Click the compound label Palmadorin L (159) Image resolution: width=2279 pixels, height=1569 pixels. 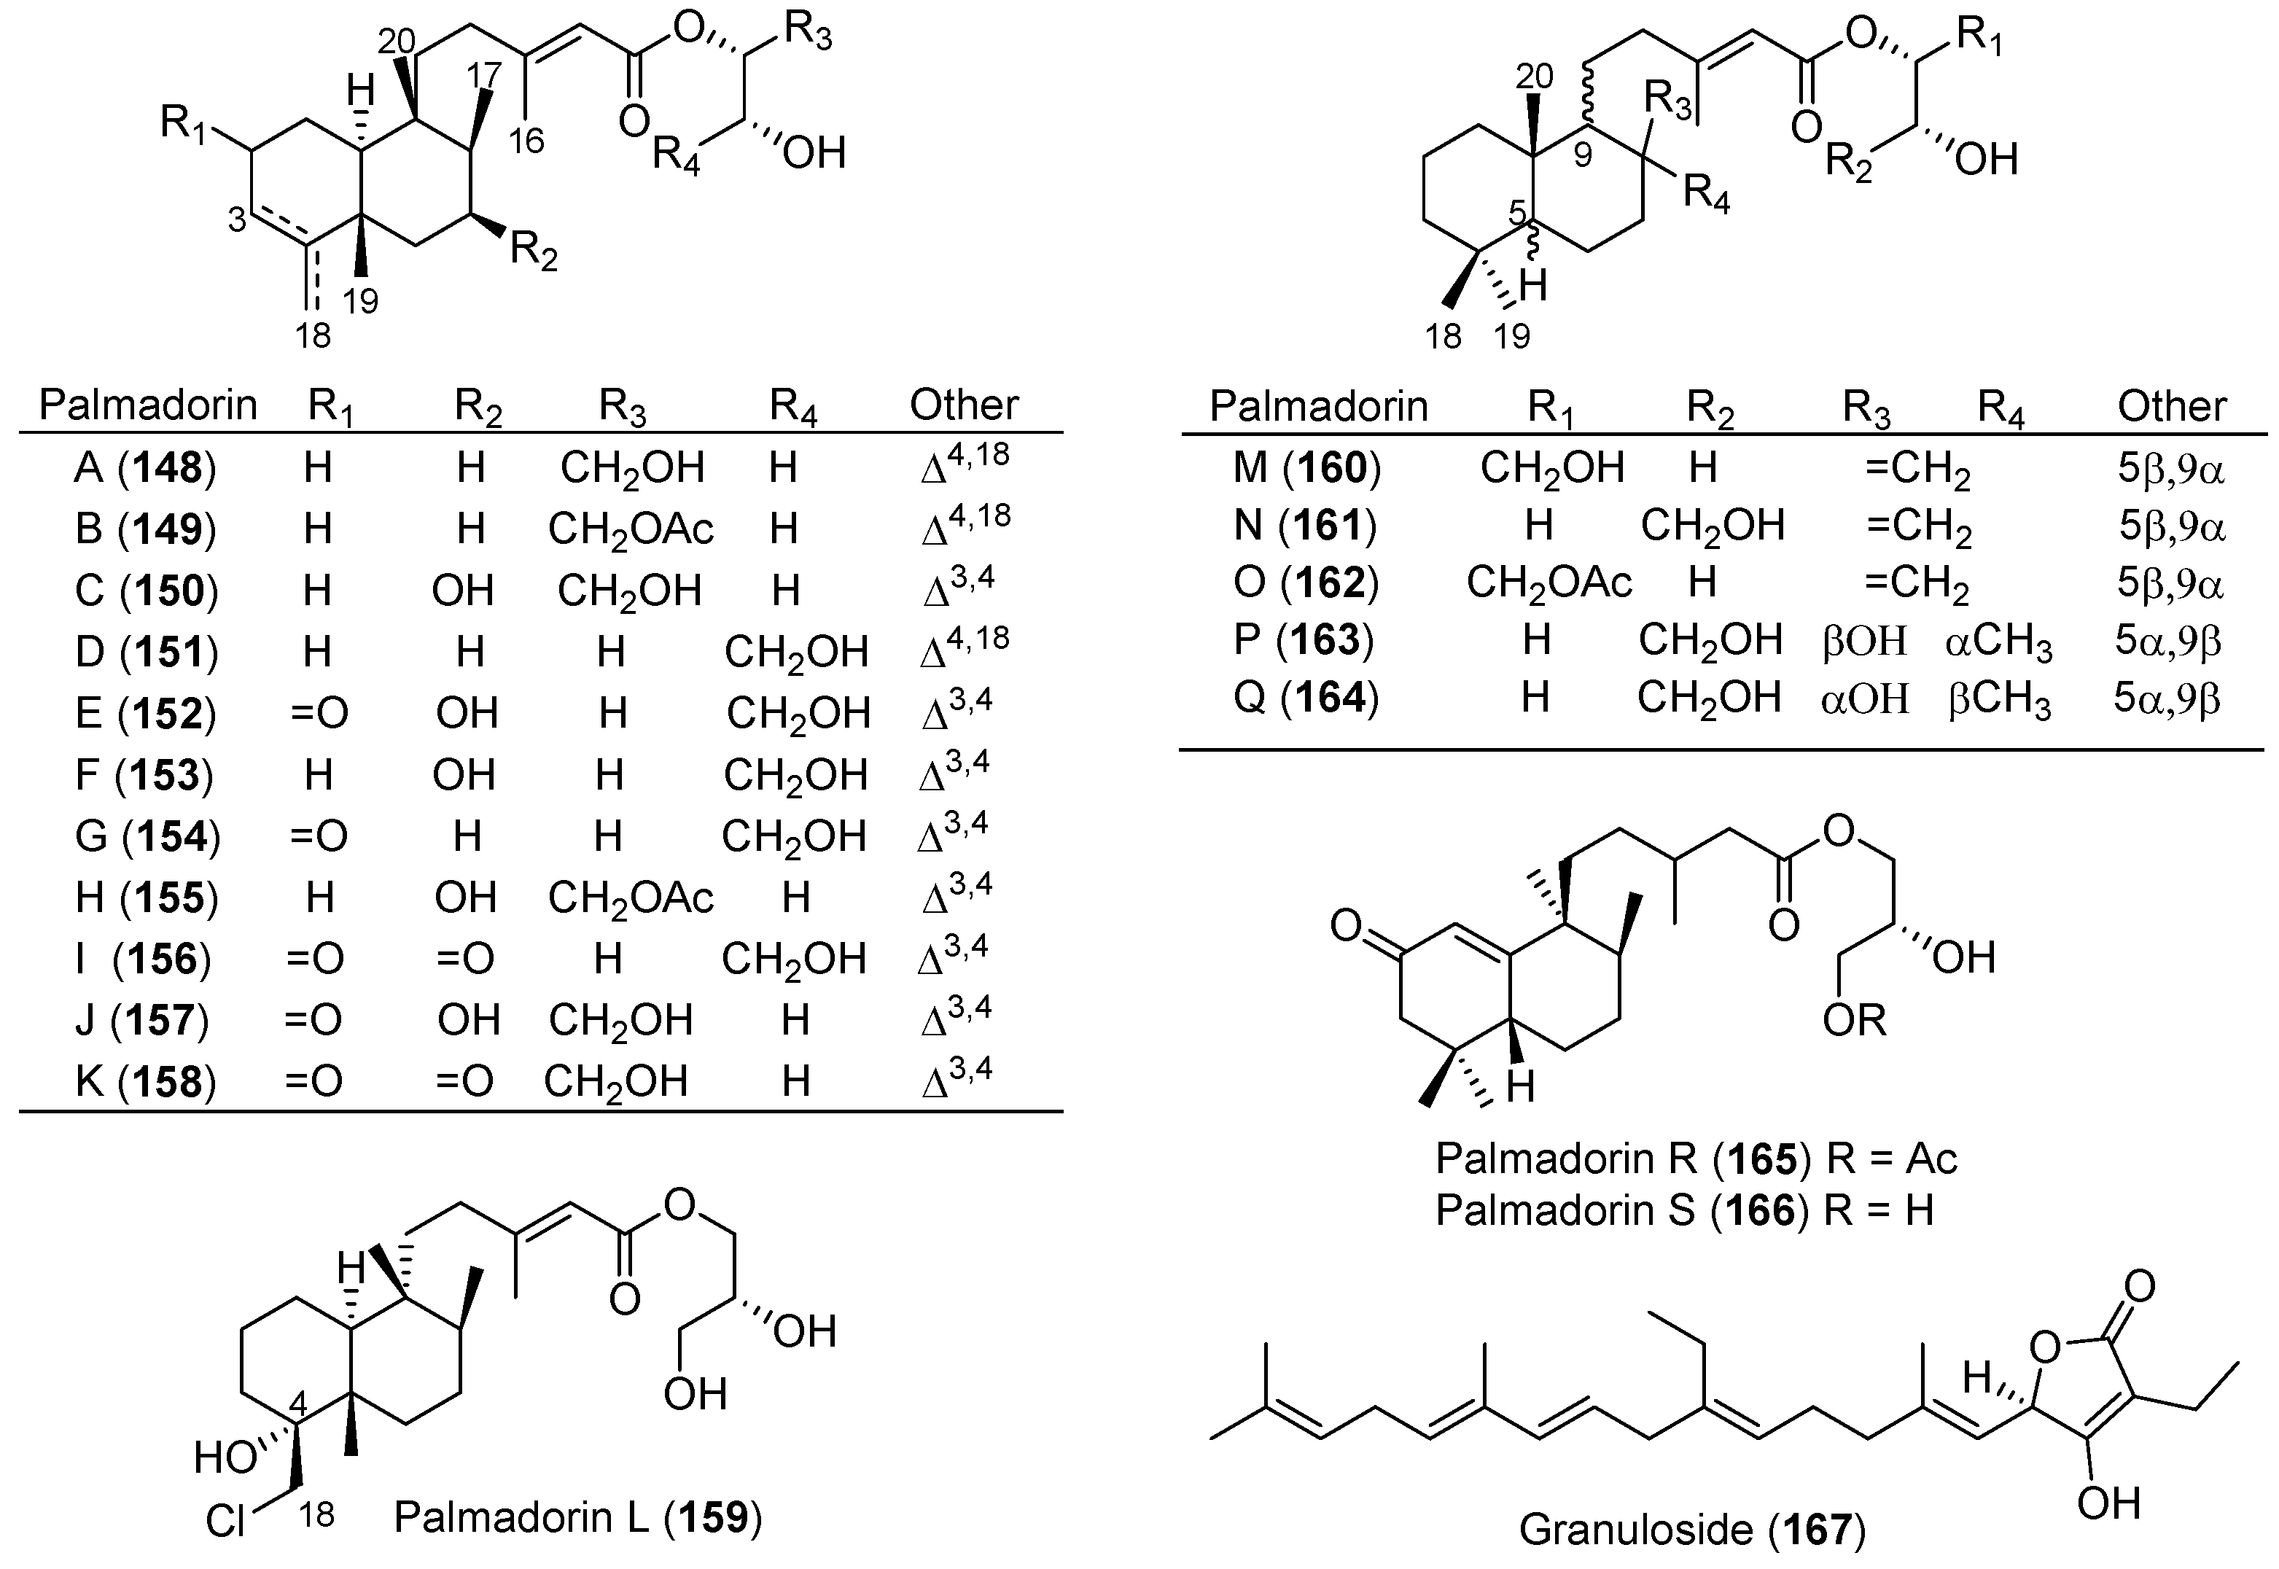tap(578, 1517)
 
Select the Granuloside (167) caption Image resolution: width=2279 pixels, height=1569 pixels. tap(1692, 1529)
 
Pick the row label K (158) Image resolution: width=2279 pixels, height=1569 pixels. tap(144, 1081)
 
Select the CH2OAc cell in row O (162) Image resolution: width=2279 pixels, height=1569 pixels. tap(1548, 583)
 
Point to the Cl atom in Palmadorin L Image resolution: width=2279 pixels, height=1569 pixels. tap(226, 1522)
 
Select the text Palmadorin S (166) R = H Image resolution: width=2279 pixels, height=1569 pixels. tap(1684, 1210)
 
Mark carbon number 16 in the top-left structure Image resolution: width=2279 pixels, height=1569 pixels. tap(526, 141)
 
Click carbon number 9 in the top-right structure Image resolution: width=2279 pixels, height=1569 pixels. tap(1582, 155)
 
